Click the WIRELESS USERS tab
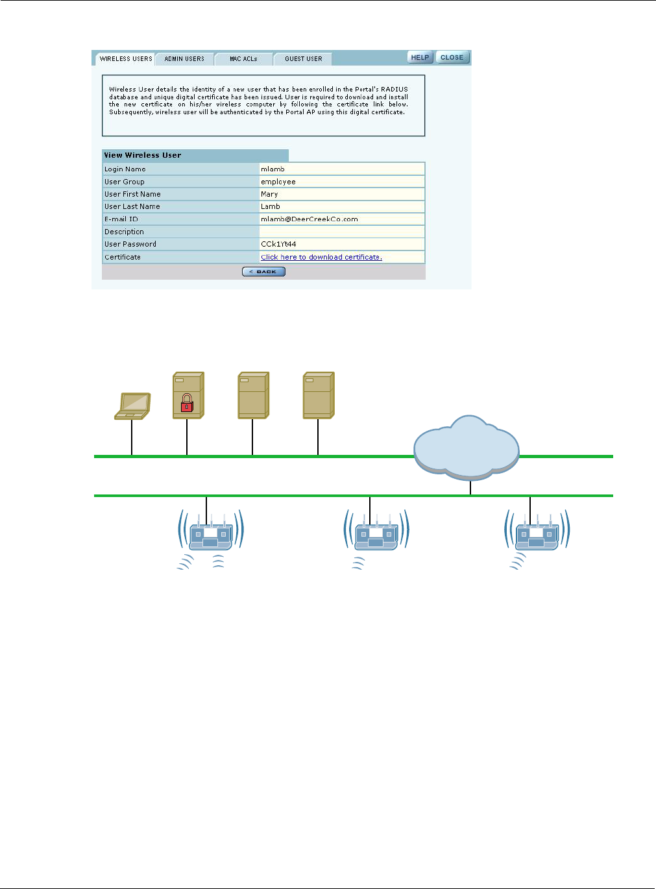(x=126, y=59)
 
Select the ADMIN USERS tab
(x=184, y=59)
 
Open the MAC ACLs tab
(x=243, y=59)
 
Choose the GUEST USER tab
(x=303, y=59)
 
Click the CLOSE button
(x=452, y=58)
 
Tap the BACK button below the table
(x=263, y=272)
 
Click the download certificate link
(x=321, y=258)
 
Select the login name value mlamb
(x=273, y=169)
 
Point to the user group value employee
(x=278, y=182)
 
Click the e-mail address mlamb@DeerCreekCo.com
(x=309, y=219)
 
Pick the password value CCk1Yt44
(x=278, y=245)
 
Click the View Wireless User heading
(x=143, y=156)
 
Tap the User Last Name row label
(x=132, y=207)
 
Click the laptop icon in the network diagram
(x=133, y=406)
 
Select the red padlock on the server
(x=187, y=403)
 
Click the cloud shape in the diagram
(x=466, y=446)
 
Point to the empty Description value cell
(x=341, y=232)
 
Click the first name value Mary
(x=269, y=195)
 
